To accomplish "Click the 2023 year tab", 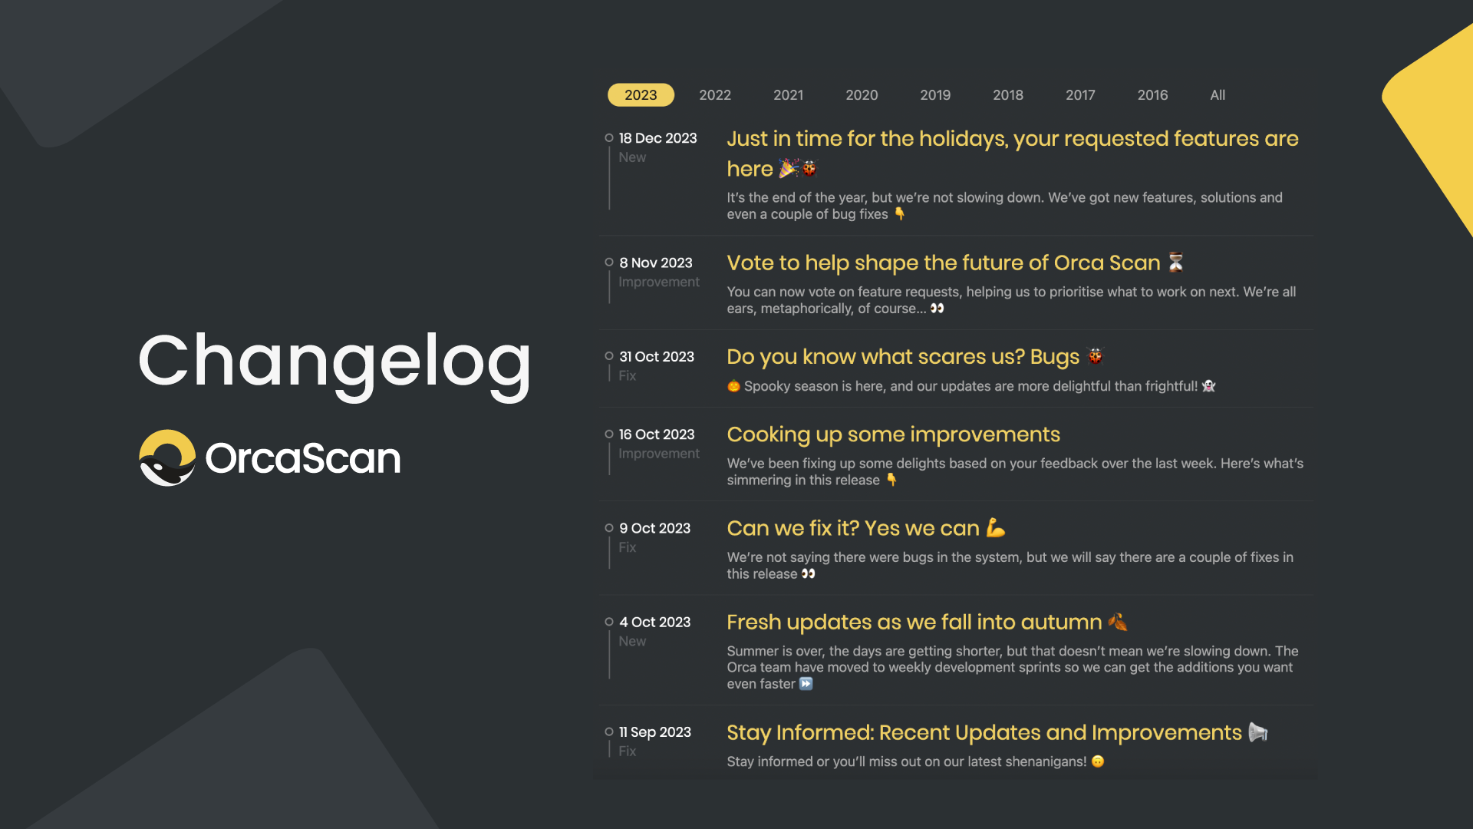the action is point(641,95).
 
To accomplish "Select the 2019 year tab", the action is point(935,95).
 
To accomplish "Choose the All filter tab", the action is point(1218,95).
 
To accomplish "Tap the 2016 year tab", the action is point(1152,95).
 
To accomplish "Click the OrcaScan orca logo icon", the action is point(167,457).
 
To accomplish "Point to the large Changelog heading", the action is point(334,362).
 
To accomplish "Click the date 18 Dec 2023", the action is point(658,138).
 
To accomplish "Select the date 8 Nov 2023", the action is point(656,263).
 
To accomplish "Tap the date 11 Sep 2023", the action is point(655,732).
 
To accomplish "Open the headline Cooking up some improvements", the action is point(893,434).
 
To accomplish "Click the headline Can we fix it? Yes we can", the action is point(853,528).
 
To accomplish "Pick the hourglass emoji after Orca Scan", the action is point(1175,263).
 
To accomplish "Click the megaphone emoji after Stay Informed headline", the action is point(1258,732).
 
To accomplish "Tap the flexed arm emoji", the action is point(996,528).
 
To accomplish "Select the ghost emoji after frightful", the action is point(1209,386).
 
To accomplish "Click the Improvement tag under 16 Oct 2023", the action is point(659,454).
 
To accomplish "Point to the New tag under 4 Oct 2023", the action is point(632,641).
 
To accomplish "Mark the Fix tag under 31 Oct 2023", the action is point(628,375).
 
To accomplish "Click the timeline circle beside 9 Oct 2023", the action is point(609,528).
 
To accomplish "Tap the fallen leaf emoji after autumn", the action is point(1118,622).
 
